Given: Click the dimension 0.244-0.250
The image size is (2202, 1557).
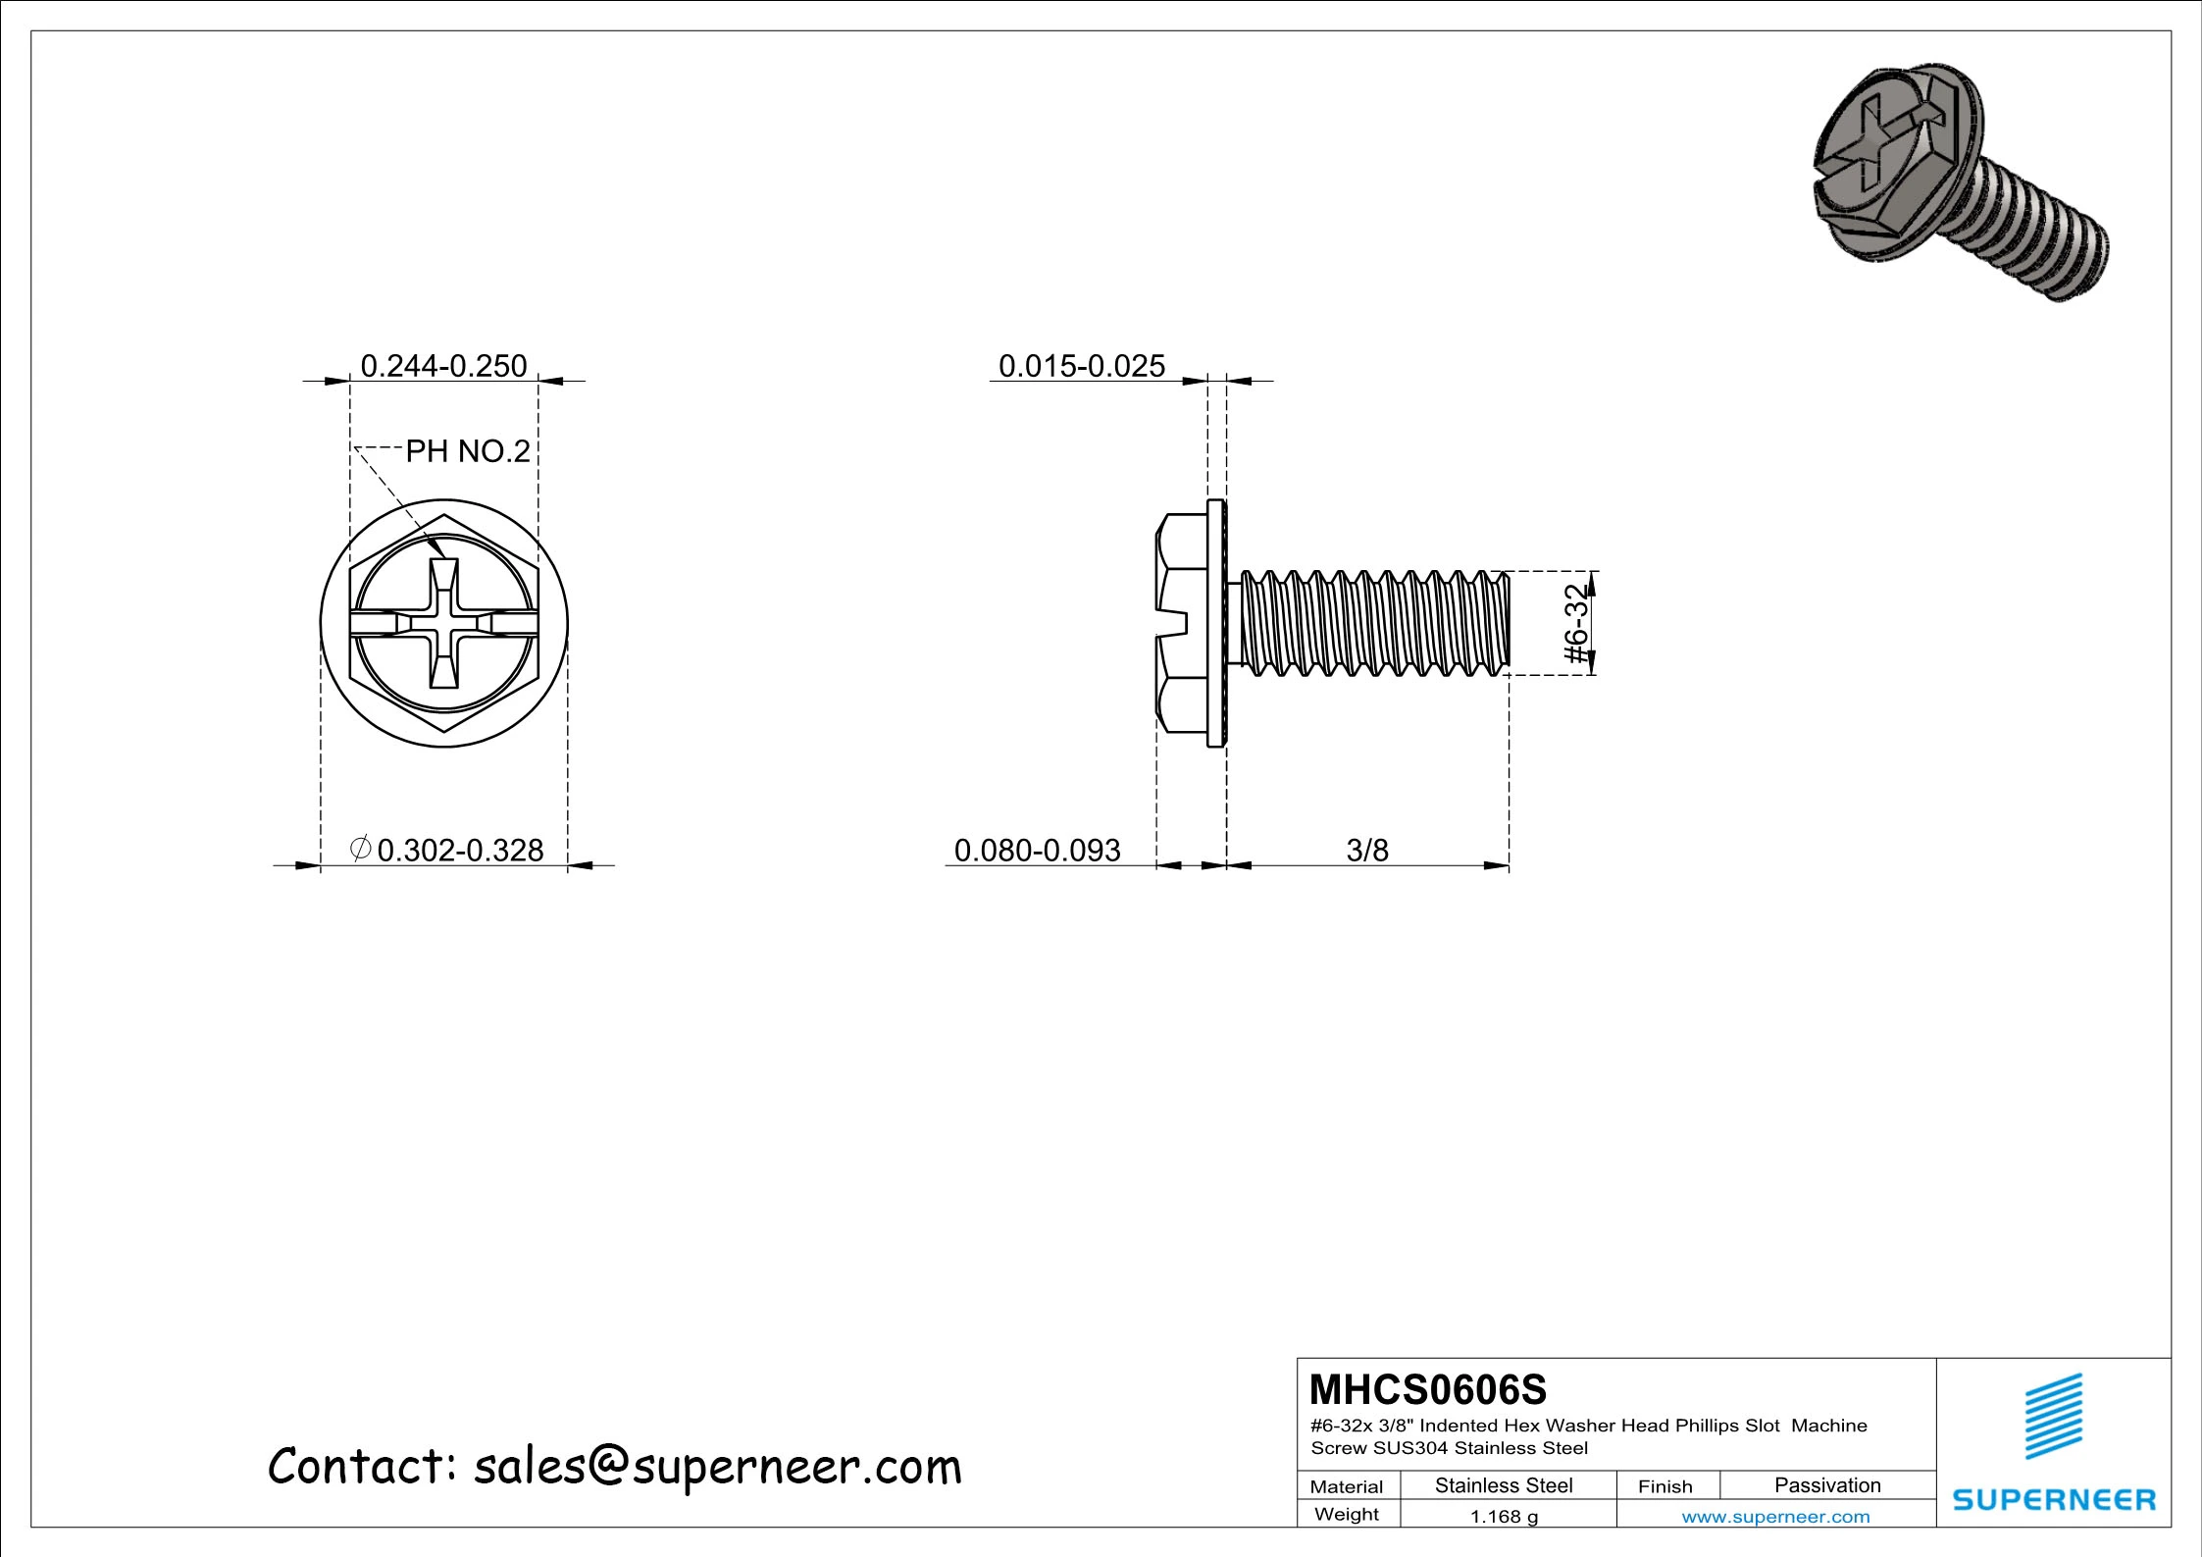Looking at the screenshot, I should [443, 366].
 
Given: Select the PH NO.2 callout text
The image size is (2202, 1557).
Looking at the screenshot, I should [468, 451].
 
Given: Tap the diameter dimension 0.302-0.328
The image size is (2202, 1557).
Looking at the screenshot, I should [448, 850].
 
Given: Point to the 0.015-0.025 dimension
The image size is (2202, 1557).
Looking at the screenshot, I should [1081, 366].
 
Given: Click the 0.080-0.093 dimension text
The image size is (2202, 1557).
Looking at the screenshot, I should [1037, 850].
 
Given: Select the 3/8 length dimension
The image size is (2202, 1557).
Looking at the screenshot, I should [1366, 850].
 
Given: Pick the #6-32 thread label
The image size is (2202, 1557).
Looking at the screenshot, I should [1575, 624].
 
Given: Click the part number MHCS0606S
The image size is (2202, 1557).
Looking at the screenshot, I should [1428, 1390].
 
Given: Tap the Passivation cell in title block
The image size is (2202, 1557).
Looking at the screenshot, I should [1826, 1485].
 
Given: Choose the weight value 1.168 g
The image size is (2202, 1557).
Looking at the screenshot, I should [1504, 1517].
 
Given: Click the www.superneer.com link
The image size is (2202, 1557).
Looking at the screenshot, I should [1775, 1517].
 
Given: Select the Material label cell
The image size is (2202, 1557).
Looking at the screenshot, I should [1347, 1486].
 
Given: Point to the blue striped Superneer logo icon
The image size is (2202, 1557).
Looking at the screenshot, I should [2054, 1417].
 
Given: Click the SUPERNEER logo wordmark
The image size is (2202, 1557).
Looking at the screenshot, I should [2054, 1500].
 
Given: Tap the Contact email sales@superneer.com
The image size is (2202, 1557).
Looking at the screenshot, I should [615, 1468].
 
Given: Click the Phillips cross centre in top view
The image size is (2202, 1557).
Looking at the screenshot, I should [443, 624].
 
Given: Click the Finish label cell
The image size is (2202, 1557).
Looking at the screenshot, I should [1664, 1486].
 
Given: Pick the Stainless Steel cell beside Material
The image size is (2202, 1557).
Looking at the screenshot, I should [1504, 1485].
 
